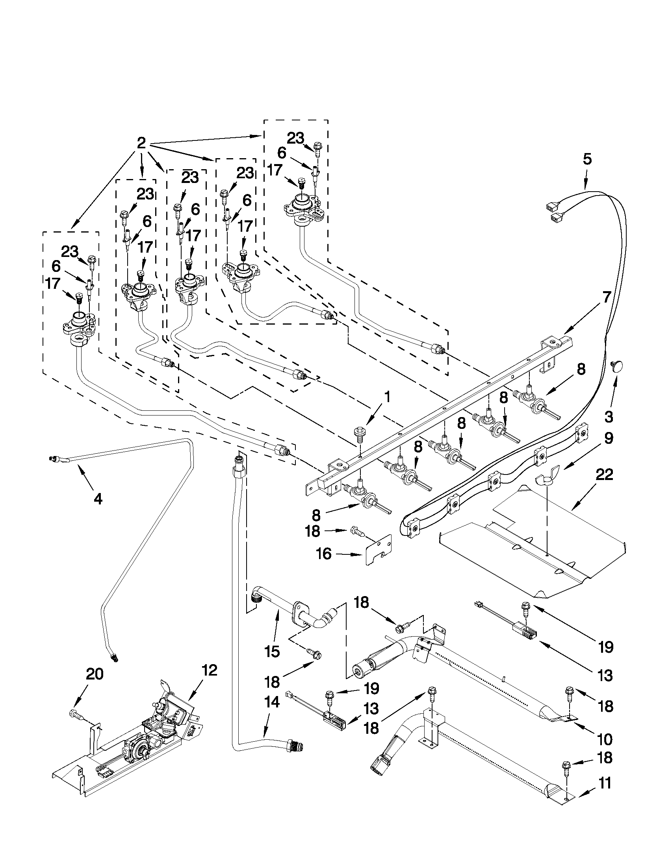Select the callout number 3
pos(608,416)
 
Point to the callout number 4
pos(98,499)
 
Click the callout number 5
pos(587,159)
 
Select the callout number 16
pos(324,554)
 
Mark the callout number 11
pos(605,783)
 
